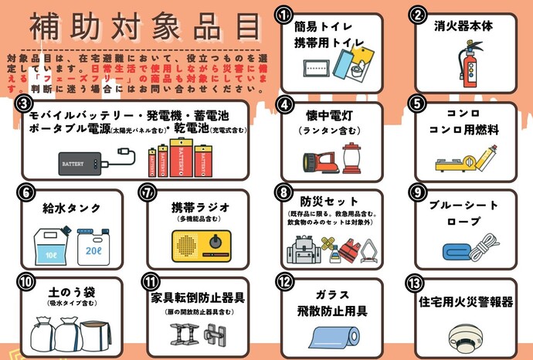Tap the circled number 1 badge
pos(284,15)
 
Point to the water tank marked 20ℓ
pos(93,246)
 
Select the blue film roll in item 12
pos(334,338)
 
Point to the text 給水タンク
pos(68,208)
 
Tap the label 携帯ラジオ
pos(200,208)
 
